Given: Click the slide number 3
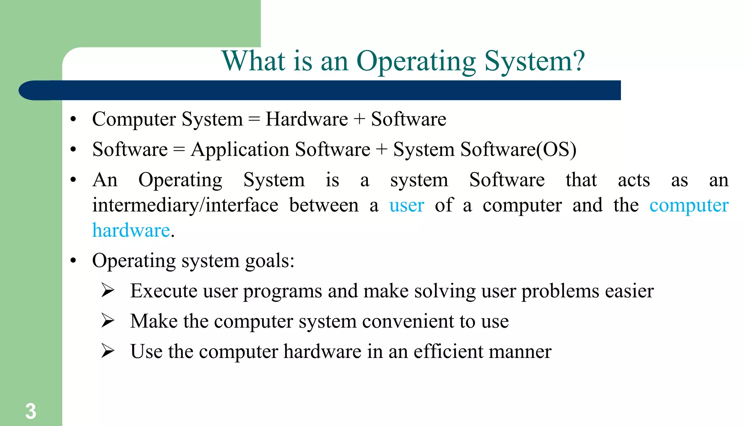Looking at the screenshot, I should (x=31, y=411).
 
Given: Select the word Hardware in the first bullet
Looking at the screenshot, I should (x=307, y=119).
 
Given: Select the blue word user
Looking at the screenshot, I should (x=406, y=205).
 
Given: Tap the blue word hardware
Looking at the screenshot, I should (x=131, y=230).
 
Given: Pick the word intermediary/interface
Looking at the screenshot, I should (x=185, y=205).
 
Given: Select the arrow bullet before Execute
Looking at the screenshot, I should (x=108, y=291).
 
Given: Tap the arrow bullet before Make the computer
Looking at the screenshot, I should (x=108, y=321).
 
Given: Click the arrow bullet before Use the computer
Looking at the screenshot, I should (x=108, y=351).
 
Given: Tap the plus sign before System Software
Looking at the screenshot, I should (x=381, y=150).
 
